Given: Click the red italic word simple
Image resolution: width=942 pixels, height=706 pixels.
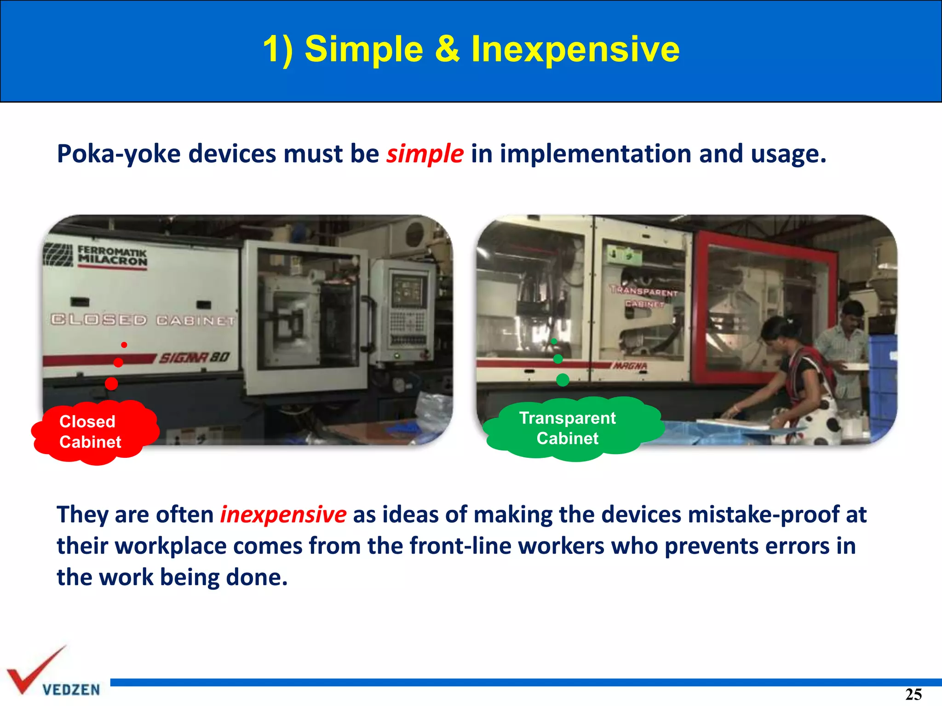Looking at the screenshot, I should point(424,154).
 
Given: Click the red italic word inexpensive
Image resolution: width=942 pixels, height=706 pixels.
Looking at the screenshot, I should point(283,514).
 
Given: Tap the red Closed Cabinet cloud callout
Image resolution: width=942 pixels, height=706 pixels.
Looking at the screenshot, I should point(94,432).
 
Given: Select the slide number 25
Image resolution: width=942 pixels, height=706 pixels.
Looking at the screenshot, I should point(913,694).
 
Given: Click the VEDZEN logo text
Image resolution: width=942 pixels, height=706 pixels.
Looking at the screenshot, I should point(71,689).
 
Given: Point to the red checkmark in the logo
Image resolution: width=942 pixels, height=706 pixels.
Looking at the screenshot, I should point(32,671).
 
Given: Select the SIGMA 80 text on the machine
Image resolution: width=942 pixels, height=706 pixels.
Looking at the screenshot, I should point(194,358).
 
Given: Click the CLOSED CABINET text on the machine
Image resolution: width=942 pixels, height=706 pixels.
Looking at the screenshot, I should point(143,320).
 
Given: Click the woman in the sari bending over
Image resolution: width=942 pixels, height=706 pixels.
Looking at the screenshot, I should point(800,377).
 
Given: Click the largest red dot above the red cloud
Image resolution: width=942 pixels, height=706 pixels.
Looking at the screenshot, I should point(111,383).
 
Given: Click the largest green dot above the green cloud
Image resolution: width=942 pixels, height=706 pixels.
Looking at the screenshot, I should point(563,380).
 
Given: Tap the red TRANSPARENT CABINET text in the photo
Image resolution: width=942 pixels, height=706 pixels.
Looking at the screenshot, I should point(644,297).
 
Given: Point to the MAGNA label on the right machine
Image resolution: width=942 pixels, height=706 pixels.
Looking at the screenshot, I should point(631,366).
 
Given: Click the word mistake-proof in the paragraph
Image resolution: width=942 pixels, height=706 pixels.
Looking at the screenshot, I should point(764,514).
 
